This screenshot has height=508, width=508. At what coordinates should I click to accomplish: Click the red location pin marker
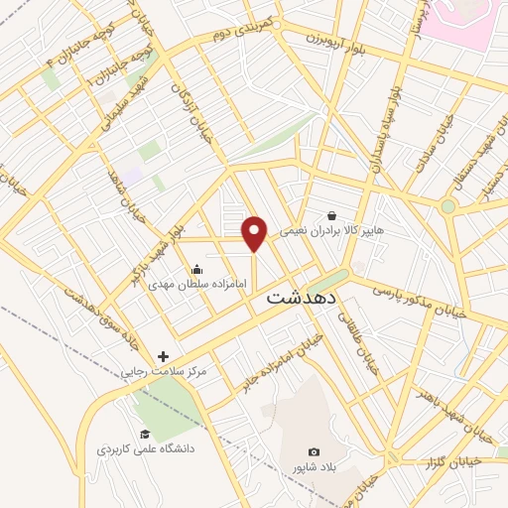(x=255, y=233)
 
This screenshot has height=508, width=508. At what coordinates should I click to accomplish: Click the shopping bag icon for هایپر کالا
(x=331, y=215)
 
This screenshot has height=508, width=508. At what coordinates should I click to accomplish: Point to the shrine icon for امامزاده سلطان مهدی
(x=196, y=268)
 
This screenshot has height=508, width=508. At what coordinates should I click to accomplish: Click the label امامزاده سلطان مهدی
(x=190, y=284)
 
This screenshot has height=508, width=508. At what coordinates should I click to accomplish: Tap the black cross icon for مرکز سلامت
(x=163, y=355)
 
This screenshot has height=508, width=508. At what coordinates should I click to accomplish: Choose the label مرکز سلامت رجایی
(x=164, y=371)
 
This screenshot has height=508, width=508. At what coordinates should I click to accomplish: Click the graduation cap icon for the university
(x=145, y=434)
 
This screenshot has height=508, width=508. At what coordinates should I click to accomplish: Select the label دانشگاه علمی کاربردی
(x=146, y=449)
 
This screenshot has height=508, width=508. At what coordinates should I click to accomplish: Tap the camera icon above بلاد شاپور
(x=315, y=451)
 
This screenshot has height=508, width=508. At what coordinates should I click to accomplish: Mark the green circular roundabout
(x=448, y=206)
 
